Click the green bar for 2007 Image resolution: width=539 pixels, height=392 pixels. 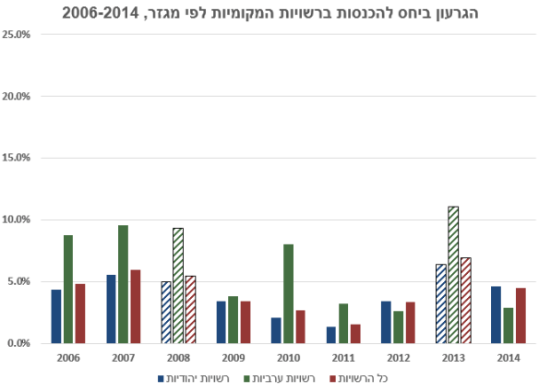tap(123, 284)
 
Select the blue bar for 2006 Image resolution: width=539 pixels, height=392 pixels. tap(55, 316)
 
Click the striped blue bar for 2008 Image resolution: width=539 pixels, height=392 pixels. tap(166, 312)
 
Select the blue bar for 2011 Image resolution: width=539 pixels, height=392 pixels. tap(330, 335)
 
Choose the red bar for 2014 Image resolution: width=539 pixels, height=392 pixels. tap(521, 315)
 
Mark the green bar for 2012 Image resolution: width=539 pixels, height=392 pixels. tap(398, 327)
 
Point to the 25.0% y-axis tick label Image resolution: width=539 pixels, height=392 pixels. tap(18, 35)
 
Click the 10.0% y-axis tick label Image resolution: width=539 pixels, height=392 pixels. tap(18, 220)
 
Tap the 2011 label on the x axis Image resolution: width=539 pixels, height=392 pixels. tap(343, 358)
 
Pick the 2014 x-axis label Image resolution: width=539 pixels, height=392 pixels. tap(508, 358)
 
